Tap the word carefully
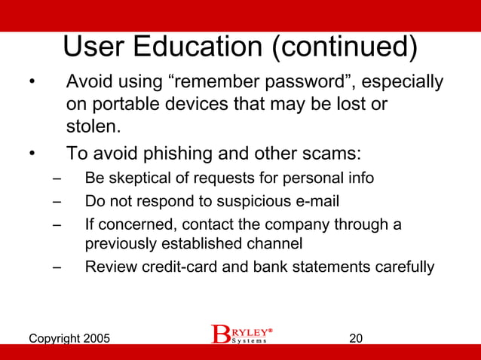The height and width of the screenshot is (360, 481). point(404,267)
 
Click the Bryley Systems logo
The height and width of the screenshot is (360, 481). point(241,334)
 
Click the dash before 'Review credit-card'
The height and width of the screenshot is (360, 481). point(57,267)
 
